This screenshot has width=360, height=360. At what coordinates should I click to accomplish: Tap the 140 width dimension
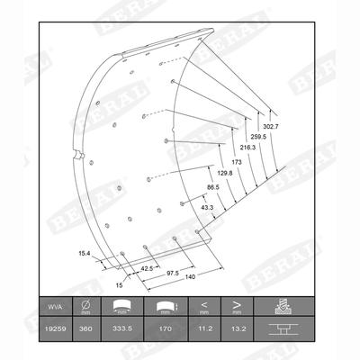pyautogui.click(x=190, y=279)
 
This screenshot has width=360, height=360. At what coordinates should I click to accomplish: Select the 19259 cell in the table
pyautogui.click(x=54, y=329)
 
